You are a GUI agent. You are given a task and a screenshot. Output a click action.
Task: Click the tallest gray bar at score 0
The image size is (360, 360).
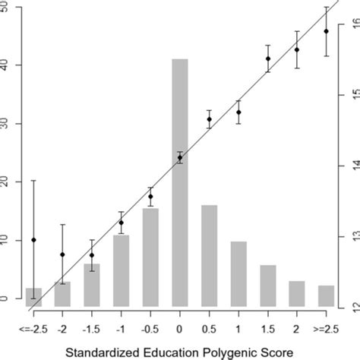click(180, 182)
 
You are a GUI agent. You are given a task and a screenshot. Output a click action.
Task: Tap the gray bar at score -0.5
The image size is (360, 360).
click(150, 257)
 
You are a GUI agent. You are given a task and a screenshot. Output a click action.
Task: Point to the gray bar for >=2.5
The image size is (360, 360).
click(327, 296)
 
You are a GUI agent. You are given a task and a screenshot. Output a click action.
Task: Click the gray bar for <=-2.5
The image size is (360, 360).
click(33, 298)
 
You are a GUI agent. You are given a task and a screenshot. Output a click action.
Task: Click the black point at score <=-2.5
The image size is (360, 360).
click(33, 240)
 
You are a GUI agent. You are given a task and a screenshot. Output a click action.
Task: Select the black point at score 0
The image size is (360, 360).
click(180, 158)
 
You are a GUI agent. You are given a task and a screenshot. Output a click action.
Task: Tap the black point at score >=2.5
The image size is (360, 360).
click(327, 31)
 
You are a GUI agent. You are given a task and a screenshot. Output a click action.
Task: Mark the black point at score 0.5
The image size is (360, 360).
click(210, 119)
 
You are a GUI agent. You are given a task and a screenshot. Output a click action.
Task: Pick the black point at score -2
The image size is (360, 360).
click(63, 254)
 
